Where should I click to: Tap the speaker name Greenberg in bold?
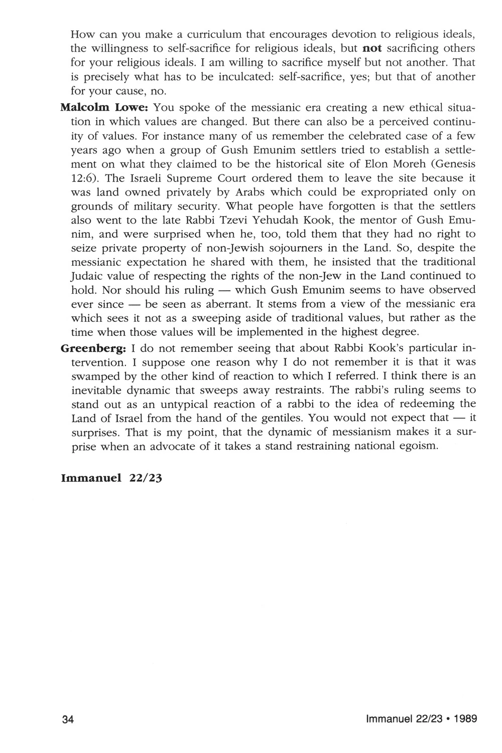point(94,347)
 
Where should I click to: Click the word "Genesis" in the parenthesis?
point(458,164)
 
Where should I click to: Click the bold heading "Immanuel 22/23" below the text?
point(111,478)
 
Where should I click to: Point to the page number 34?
point(68,719)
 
